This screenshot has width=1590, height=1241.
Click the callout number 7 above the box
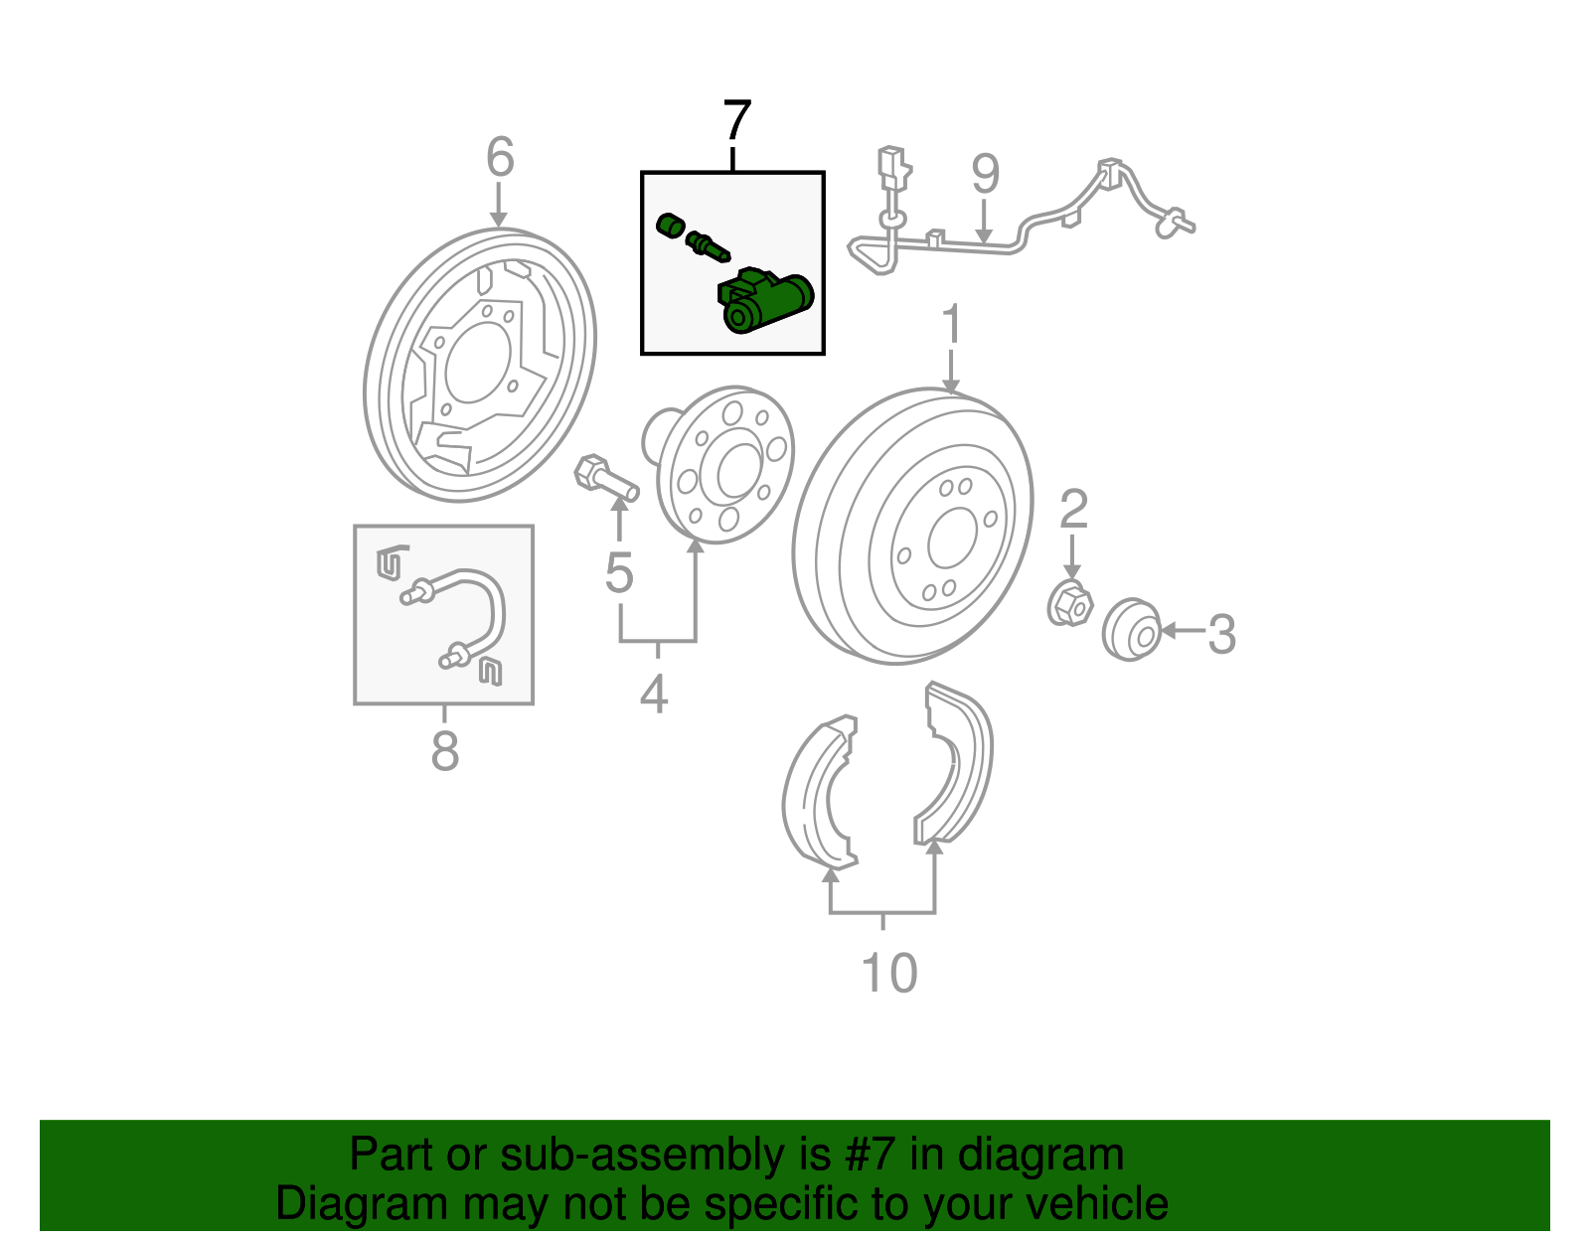point(736,120)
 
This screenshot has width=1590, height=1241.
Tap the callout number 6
point(501,157)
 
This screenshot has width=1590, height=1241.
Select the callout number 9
point(985,174)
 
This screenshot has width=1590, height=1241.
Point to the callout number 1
point(951,323)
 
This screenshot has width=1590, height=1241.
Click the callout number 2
point(1073,509)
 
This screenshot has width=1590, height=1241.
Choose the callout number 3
point(1221,634)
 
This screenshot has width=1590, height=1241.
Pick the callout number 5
point(619,572)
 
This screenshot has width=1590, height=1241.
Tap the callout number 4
point(654,694)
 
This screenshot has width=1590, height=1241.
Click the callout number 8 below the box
point(445,750)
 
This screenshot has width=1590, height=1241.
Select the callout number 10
point(889,973)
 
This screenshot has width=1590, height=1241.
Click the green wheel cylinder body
point(764,301)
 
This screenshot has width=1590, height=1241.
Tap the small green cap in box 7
point(670,226)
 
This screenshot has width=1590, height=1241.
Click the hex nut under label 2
point(1069,604)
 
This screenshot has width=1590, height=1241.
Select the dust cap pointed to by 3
point(1131,630)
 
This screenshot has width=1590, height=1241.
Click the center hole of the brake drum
point(952,539)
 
